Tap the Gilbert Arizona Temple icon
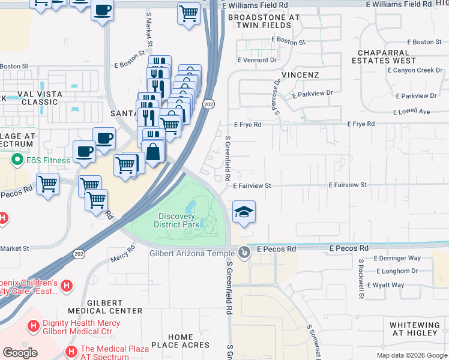pos(244,253)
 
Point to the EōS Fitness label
pos(47,160)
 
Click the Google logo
pos(20,353)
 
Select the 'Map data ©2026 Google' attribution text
pos(411,355)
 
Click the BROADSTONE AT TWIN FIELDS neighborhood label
pos(263,22)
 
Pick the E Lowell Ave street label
pos(412,112)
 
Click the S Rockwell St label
pos(361,279)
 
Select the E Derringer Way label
pos(397,258)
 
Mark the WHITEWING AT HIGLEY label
pos(414,329)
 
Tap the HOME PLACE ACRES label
pos(180,341)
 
